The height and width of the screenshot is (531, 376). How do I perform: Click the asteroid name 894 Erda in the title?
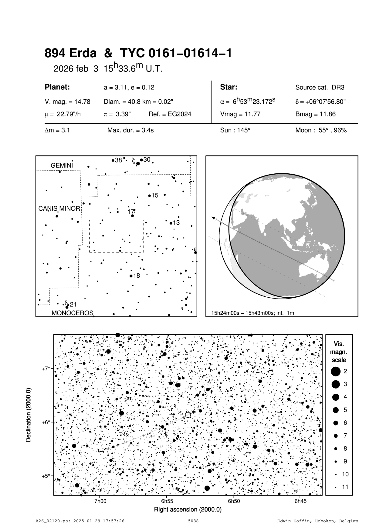[70, 54]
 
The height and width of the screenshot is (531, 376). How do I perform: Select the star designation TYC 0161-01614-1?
[176, 54]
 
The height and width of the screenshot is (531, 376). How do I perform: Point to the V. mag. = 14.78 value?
[67, 102]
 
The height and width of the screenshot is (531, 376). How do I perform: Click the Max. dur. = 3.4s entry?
[130, 131]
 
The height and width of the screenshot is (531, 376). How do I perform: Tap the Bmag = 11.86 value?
[315, 115]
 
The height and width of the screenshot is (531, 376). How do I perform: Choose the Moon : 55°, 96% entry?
[321, 131]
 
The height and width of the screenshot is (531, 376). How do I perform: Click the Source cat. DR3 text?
[320, 88]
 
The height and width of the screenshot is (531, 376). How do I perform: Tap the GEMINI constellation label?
[62, 165]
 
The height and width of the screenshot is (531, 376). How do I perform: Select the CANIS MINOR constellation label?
[59, 209]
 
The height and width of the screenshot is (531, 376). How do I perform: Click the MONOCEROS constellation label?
[72, 313]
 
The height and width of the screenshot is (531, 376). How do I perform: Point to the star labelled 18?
[131, 276]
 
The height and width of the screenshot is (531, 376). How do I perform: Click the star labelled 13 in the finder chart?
[171, 223]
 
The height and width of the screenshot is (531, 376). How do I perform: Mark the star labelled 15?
[150, 196]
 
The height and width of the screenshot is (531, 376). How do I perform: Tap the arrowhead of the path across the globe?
[213, 218]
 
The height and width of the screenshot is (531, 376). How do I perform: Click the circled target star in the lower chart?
[188, 415]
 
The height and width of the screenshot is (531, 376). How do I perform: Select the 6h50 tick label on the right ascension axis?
[234, 501]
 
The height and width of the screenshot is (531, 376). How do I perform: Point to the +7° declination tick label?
[46, 369]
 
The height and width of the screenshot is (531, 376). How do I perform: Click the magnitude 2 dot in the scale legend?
[336, 371]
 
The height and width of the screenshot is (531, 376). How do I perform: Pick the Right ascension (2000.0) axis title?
[188, 509]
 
